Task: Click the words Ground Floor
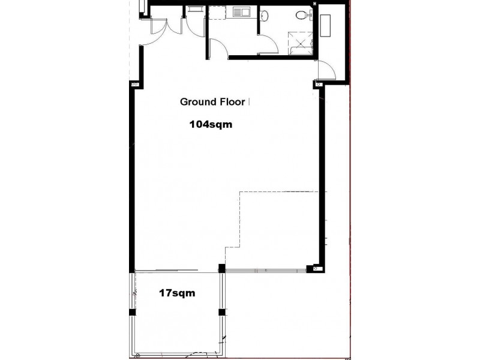[x=212, y=102]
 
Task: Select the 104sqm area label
[x=210, y=125]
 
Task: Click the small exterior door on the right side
[x=326, y=70]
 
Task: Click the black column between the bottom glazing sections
[x=221, y=268]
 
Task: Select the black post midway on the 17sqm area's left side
[x=133, y=313]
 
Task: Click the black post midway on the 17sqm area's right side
[x=221, y=312]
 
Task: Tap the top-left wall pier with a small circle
[x=134, y=85]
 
